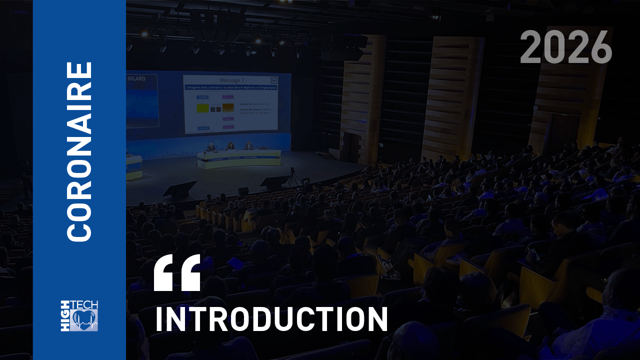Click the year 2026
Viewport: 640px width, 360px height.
tap(566, 47)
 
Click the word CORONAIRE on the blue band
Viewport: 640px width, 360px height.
tap(79, 151)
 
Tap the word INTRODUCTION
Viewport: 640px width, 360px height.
tap(271, 318)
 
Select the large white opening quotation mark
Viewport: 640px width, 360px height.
tap(177, 272)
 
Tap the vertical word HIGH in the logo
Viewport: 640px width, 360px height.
tap(65, 315)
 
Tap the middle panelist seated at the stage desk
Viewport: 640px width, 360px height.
tap(230, 146)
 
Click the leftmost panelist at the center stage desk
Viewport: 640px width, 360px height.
tap(211, 147)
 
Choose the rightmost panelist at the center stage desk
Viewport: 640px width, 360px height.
tap(248, 145)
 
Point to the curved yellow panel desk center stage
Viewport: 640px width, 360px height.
tap(238, 159)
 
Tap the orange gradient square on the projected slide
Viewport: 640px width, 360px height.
tap(227, 108)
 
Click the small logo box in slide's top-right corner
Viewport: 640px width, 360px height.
tap(273, 80)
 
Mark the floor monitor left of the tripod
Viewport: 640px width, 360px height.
tap(274, 182)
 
